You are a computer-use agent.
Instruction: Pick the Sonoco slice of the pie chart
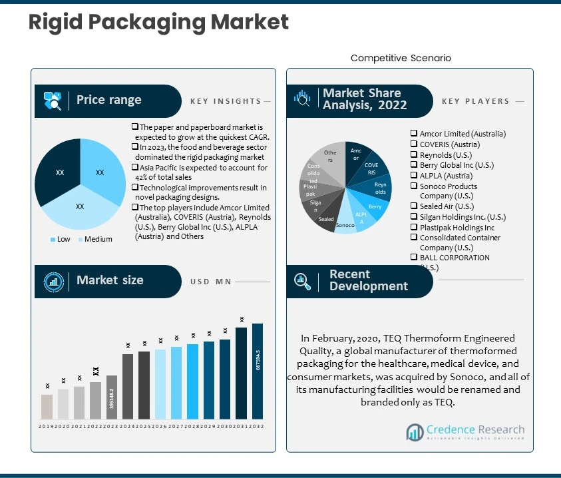coord(345,225)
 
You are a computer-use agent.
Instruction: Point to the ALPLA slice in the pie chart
coord(361,219)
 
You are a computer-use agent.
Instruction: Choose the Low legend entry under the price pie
coord(62,239)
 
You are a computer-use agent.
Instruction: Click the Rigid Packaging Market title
coord(158,22)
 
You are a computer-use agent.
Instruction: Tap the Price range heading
coord(108,100)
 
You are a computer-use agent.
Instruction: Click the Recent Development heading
coord(368,280)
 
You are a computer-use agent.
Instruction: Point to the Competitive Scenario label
coord(401,58)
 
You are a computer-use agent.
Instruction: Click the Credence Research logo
coord(465,433)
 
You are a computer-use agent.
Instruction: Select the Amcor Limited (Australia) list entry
coord(463,134)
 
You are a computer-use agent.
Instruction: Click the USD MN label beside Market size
coord(211,282)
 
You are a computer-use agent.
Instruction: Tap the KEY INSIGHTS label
coord(226,101)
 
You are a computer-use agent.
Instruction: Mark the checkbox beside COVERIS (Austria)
coord(414,144)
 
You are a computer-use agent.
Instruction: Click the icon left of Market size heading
coord(53,280)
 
